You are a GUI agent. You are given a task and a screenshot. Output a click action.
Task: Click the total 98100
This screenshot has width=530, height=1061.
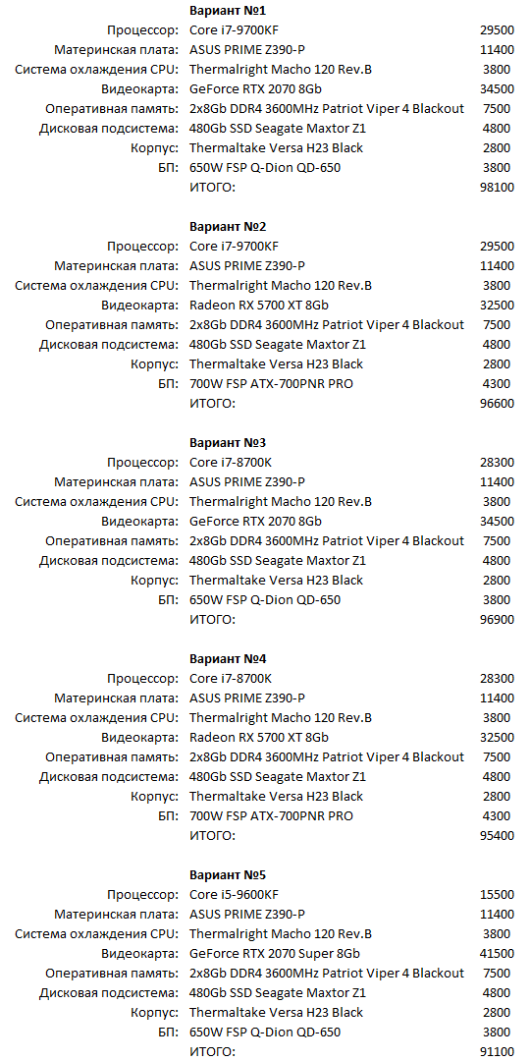498,187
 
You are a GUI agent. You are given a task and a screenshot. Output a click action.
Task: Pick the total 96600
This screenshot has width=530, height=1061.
498,403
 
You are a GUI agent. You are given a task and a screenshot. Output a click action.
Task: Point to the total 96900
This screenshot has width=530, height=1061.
498,619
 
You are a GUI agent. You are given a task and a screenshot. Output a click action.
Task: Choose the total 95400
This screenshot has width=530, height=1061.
498,835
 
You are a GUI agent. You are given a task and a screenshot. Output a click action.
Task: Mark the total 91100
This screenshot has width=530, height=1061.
498,1051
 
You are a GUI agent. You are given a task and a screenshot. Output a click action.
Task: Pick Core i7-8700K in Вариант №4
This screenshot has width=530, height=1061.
231,678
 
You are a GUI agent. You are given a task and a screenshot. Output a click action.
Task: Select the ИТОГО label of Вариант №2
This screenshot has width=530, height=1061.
212,403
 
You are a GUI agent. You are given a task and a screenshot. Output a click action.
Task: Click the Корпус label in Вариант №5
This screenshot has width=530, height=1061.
155,1012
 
